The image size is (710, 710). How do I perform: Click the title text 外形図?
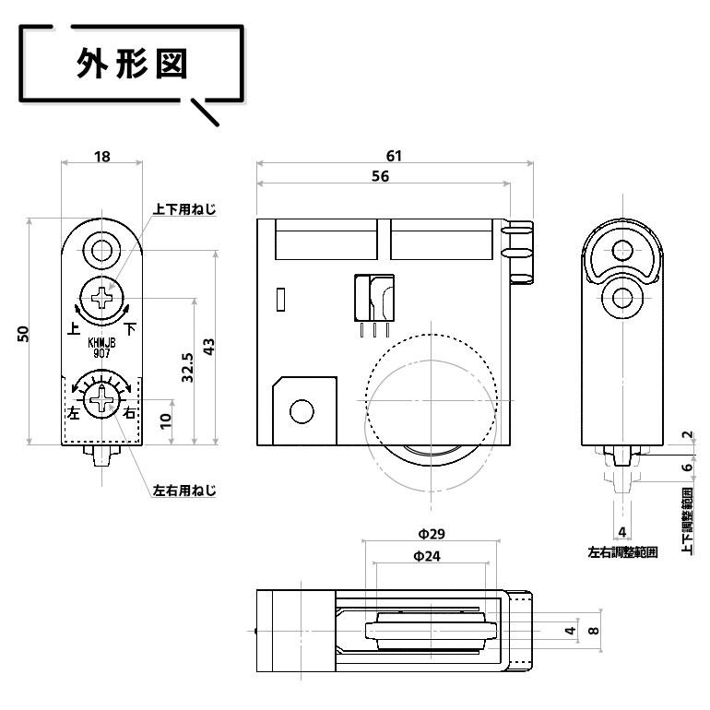coord(131,65)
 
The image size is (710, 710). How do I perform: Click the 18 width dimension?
coord(101,157)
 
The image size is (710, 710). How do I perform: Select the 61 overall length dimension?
coord(395,156)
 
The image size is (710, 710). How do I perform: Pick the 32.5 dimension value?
coord(187,368)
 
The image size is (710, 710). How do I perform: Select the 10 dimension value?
coord(165,420)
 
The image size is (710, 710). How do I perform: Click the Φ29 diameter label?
coord(431,534)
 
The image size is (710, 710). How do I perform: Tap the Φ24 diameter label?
coord(426,556)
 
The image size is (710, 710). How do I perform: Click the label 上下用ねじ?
coord(184,210)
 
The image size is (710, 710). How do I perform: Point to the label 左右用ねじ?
coord(183,491)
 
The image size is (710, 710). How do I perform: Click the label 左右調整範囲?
coord(622,553)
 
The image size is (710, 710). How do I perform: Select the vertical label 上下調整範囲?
coord(688,521)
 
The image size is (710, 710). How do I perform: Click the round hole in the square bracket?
coord(301,410)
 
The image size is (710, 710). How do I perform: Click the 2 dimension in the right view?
coord(687,435)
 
